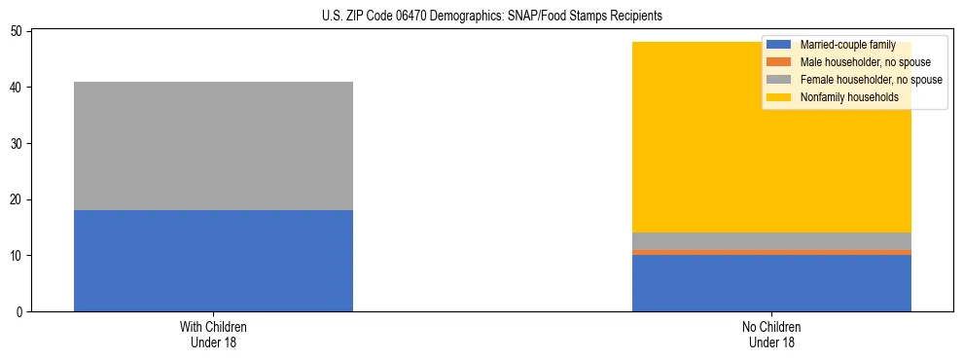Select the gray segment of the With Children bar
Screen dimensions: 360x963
coord(213,146)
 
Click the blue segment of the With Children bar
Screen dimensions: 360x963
coord(213,261)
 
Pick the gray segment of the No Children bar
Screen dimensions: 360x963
coord(771,240)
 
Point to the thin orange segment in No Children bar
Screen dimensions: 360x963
coord(771,252)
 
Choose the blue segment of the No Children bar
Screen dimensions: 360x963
coord(771,283)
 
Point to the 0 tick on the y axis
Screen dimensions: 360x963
coord(20,312)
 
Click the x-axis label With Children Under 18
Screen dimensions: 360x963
coord(213,334)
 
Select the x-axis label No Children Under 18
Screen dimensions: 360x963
coord(771,334)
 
